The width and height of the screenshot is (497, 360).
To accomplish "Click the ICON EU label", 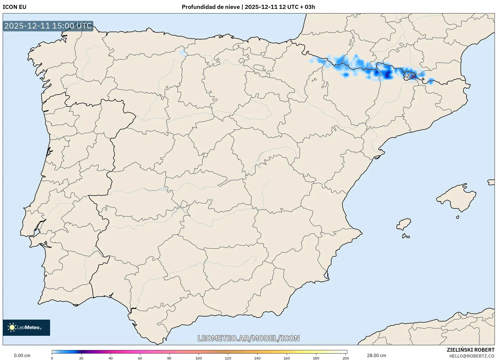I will [x=15, y=7].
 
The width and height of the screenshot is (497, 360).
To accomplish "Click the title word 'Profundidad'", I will [x=197, y=7].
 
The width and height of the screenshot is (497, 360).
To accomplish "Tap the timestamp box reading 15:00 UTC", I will [x=48, y=26].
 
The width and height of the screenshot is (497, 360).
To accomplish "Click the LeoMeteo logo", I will [x=26, y=327].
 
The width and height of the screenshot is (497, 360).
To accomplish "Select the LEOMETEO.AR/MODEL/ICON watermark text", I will [x=248, y=338].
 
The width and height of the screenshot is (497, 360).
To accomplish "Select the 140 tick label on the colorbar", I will [x=257, y=358].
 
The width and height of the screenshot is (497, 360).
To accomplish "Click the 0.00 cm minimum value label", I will [x=22, y=355].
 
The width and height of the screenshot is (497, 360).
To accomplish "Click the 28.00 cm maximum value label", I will [x=376, y=355].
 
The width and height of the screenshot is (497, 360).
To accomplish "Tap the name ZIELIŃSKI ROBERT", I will [x=471, y=350].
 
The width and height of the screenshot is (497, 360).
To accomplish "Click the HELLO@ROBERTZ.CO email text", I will [x=472, y=356].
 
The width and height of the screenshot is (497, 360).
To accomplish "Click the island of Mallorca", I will [x=457, y=198].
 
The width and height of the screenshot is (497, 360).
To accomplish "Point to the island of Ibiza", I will [x=404, y=224].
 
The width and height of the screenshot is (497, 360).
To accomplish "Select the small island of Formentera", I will [x=405, y=236].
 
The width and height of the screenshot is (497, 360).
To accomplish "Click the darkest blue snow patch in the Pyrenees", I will [x=388, y=74].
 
